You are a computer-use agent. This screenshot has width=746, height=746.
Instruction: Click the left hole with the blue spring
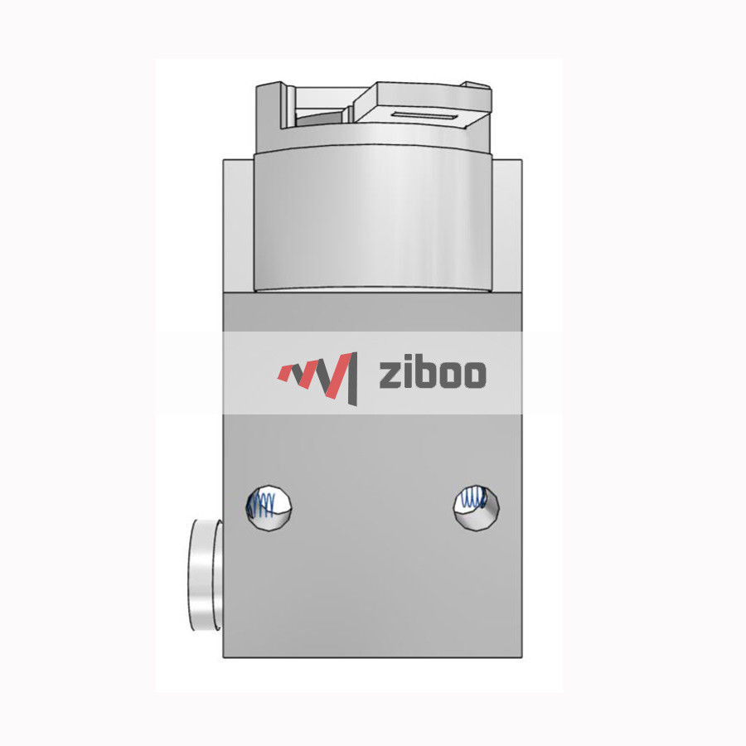[269, 504]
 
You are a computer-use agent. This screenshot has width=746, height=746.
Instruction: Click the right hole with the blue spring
[477, 504]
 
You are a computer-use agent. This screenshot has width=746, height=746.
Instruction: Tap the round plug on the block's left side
[203, 576]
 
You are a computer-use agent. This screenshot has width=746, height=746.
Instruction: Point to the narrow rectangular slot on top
[423, 114]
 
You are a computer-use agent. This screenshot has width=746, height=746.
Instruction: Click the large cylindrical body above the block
[373, 220]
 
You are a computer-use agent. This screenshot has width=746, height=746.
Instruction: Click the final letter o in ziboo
[472, 375]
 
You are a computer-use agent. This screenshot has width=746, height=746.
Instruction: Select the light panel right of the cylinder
[509, 224]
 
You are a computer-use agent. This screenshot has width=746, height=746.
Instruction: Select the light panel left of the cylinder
[238, 224]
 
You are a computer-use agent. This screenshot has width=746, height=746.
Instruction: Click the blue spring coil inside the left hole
[263, 504]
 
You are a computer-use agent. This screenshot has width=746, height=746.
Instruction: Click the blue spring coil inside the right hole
[472, 498]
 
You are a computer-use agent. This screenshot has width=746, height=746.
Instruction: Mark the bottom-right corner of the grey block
[521, 657]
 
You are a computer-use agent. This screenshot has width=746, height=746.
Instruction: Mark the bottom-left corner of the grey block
[224, 657]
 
